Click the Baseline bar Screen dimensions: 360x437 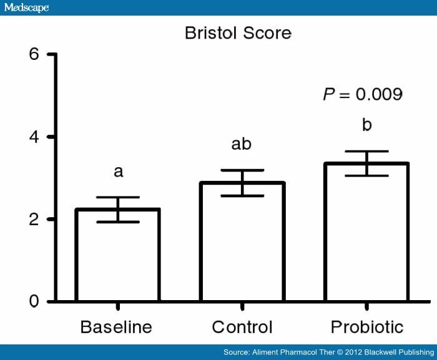tap(117, 256)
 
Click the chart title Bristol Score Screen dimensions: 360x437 tap(238, 33)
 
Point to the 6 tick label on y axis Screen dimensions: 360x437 tap(34, 54)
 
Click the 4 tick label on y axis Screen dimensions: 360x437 tap(34, 137)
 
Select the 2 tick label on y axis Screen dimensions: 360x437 tap(34, 220)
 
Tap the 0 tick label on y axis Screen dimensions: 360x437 tap(34, 302)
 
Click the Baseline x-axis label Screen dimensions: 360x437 tap(116, 327)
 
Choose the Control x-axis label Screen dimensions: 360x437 tap(242, 327)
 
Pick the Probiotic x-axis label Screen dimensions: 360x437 tap(367, 327)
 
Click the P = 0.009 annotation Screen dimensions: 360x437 tap(362, 94)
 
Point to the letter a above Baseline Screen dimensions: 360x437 tap(118, 172)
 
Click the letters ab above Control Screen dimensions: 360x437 tap(242, 144)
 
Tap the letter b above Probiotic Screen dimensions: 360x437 tap(367, 125)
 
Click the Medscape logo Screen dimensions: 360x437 tap(26, 7)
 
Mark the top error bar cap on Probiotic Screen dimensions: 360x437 tap(367, 152)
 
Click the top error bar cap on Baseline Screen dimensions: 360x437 tap(117, 198)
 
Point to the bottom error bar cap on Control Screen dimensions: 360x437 tap(242, 196)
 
